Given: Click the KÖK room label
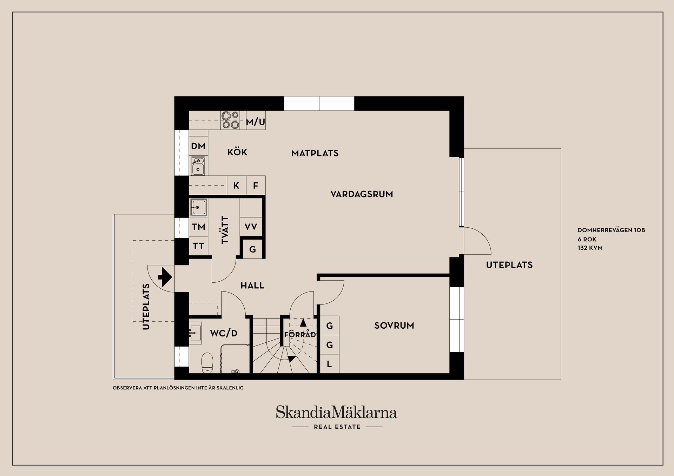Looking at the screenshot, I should (x=237, y=152).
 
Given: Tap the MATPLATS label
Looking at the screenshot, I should (x=315, y=153).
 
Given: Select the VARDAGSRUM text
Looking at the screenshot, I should (x=362, y=194).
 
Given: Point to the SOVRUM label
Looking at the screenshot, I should (x=394, y=326).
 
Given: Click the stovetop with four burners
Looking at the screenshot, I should (x=230, y=120).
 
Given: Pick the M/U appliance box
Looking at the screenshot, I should (x=256, y=121).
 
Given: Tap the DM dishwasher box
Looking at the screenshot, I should (x=198, y=146).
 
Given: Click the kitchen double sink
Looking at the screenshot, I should (x=198, y=166).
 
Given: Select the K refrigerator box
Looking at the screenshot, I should (x=236, y=185).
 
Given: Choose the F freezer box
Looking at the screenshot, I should (x=256, y=185).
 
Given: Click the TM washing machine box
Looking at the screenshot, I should (x=198, y=227).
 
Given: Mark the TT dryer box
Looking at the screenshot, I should (x=198, y=246).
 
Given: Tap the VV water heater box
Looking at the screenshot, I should (x=251, y=227).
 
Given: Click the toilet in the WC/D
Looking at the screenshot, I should (x=207, y=363).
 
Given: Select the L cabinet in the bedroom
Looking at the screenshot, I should (x=329, y=364).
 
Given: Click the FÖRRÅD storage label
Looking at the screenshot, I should (x=300, y=335).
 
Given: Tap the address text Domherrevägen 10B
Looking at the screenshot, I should (x=611, y=230).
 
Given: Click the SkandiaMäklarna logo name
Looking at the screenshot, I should (x=336, y=413).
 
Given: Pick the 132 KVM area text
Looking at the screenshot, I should (x=590, y=248).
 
